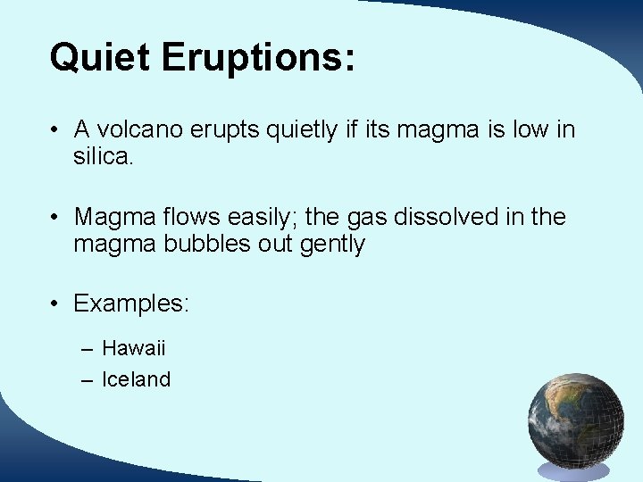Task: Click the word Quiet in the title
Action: click(99, 57)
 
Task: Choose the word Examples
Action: click(130, 303)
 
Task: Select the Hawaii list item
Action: click(134, 348)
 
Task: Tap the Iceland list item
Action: click(136, 379)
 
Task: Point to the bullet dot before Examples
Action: click(55, 304)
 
